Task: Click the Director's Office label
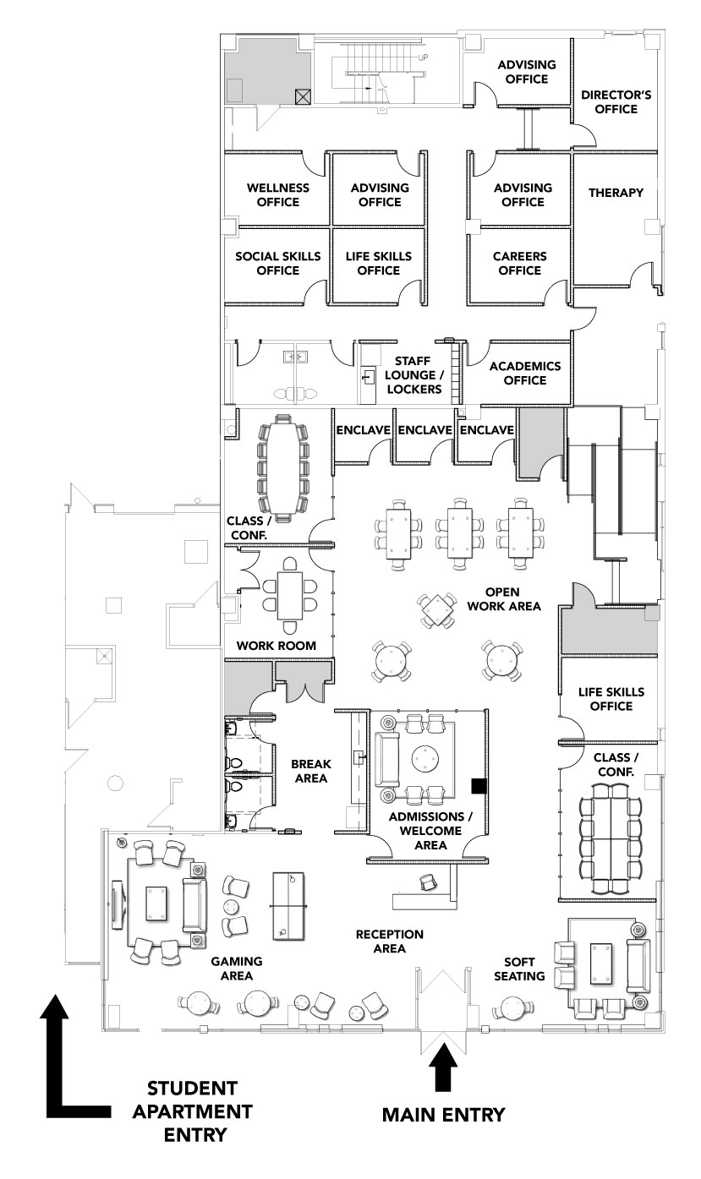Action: point(616,102)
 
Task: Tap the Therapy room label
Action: point(616,193)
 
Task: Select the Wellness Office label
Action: point(277,194)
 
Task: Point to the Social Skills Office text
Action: point(277,263)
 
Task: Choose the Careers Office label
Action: point(520,263)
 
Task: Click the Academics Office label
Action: point(524,373)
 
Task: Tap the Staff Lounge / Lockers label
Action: point(413,375)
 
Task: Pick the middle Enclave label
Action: point(424,430)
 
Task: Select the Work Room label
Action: point(276,646)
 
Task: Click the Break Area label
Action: point(310,771)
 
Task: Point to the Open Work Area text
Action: point(501,598)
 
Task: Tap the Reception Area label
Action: point(389,941)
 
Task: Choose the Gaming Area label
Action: point(237,968)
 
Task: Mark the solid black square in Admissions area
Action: point(479,786)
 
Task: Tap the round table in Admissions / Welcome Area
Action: point(425,759)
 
